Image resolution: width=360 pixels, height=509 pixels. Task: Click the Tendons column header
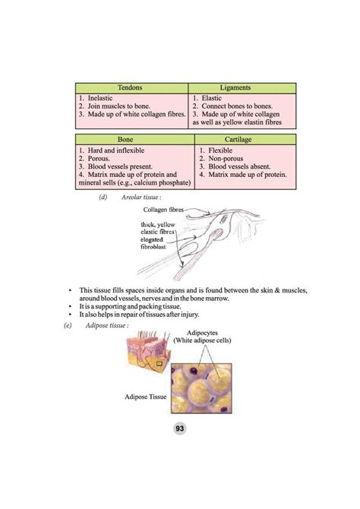tap(131, 89)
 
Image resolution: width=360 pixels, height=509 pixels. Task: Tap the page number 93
tap(180, 429)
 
